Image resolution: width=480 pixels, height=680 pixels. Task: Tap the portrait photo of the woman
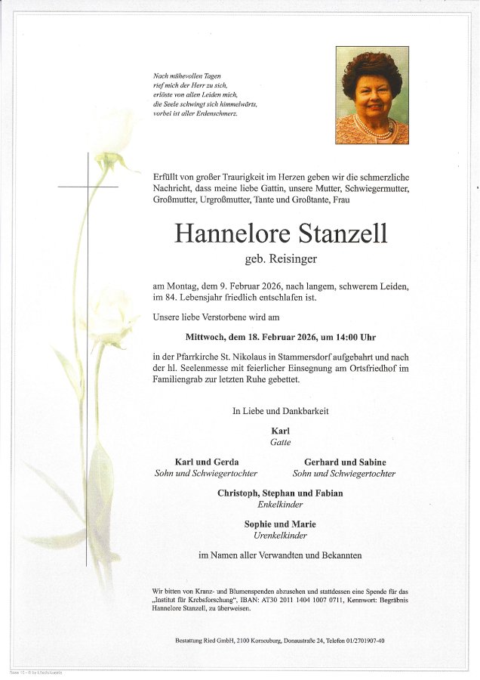[x=371, y=95]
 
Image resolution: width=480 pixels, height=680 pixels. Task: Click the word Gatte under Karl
[x=280, y=442]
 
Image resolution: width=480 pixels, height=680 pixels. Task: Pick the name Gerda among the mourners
[x=226, y=462]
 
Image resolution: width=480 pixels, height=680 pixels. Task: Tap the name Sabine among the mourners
[x=371, y=462]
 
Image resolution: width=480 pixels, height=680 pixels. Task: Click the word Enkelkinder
[x=280, y=504]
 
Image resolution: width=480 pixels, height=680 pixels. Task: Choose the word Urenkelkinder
[x=280, y=535]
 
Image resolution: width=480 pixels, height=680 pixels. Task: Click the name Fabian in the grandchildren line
[x=328, y=493]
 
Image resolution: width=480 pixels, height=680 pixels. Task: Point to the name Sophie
[x=258, y=524]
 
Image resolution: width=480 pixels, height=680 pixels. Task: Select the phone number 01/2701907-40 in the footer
[x=362, y=641]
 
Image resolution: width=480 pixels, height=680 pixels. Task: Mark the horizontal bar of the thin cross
[x=88, y=186]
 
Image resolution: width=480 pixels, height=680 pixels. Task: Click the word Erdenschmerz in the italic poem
[x=218, y=113]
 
